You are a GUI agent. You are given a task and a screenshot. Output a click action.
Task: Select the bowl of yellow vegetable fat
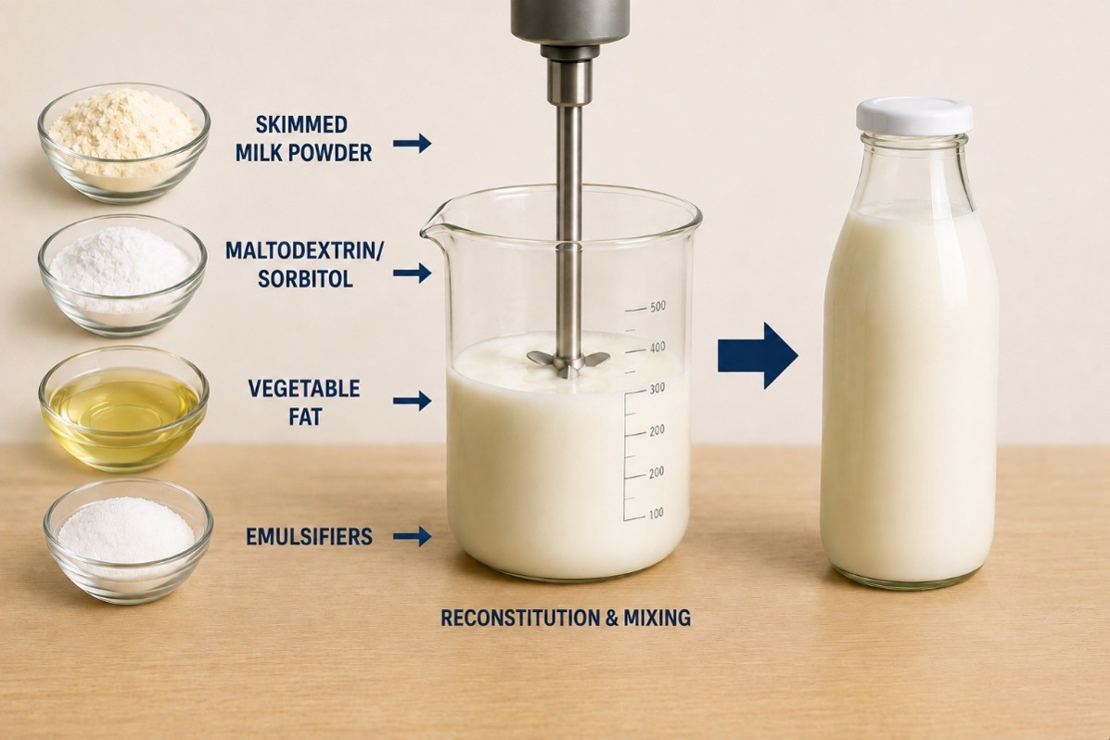(x=124, y=409)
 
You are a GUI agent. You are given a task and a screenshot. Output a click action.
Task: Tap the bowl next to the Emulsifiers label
(x=128, y=541)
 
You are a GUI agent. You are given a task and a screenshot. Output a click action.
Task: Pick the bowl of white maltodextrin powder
(x=122, y=275)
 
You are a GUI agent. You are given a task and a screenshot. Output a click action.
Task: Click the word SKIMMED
(x=301, y=124)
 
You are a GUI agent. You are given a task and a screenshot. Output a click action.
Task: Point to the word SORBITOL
(x=305, y=279)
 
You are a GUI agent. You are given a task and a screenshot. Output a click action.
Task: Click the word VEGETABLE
(x=304, y=389)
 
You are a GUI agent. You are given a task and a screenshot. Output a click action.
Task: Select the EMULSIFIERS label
(x=310, y=537)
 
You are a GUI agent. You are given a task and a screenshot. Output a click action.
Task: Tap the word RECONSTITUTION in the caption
(x=520, y=619)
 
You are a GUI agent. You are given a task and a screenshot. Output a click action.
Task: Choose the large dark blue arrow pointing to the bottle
(x=758, y=355)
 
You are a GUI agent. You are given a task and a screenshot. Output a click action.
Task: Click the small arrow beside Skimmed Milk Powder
(x=412, y=144)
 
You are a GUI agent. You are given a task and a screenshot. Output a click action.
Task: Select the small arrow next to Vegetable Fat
(x=412, y=401)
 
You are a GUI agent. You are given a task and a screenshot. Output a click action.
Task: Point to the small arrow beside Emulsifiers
(x=412, y=536)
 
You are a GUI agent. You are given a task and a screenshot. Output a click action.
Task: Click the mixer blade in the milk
(x=568, y=361)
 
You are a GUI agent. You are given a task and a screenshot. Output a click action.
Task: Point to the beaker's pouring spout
(x=433, y=221)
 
